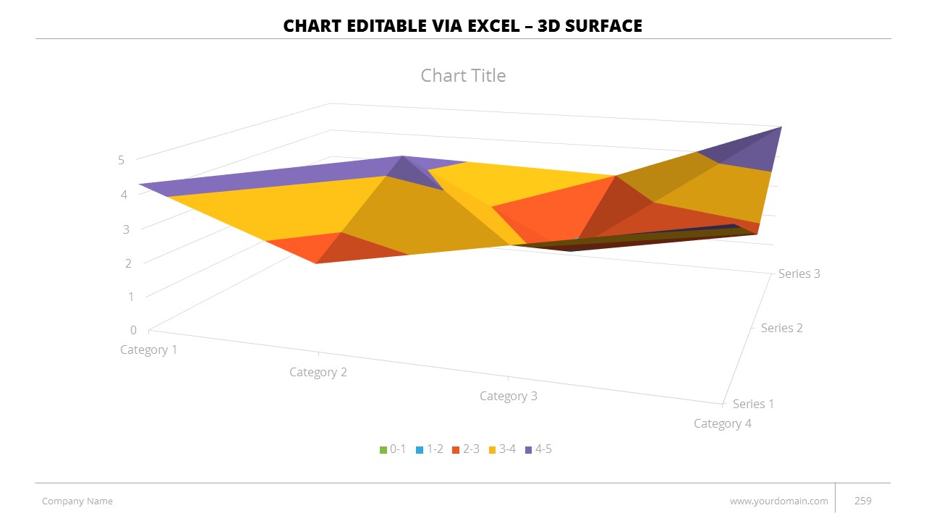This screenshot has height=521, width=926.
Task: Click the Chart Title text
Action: tap(463, 76)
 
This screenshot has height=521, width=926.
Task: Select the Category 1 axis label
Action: tap(148, 350)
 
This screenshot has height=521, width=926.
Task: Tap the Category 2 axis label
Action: tap(318, 372)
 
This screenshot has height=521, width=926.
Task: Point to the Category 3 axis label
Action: tap(509, 396)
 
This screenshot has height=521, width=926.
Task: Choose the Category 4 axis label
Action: tap(722, 423)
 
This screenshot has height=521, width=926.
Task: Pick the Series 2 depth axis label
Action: tap(781, 328)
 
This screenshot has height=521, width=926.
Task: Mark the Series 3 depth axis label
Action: tap(799, 274)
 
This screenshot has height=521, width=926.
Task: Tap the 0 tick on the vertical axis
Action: tap(133, 330)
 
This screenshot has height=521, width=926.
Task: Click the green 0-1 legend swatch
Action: tap(383, 450)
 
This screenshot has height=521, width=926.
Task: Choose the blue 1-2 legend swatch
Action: tap(420, 450)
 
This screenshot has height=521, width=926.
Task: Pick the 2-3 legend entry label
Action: tap(471, 449)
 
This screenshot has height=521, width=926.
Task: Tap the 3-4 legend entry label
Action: tap(507, 449)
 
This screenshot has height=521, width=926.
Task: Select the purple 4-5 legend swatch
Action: tap(528, 450)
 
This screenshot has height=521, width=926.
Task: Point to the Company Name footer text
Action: tap(77, 501)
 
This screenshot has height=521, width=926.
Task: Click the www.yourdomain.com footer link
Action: tap(778, 501)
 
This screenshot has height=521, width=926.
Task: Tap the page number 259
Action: tap(863, 501)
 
